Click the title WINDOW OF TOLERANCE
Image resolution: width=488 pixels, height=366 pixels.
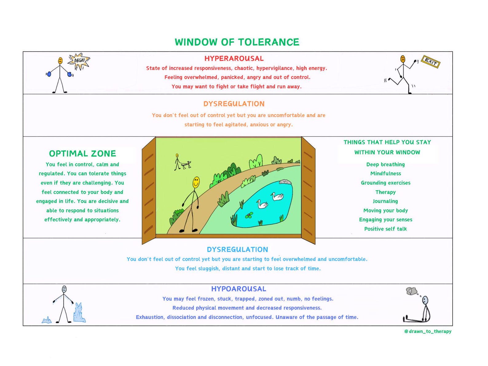(237, 42)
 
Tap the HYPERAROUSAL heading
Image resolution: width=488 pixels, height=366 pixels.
(234, 58)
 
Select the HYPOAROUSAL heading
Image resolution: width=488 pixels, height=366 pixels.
(238, 289)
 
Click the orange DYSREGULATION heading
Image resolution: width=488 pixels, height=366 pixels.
(234, 104)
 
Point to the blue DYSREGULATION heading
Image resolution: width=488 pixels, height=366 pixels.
(237, 250)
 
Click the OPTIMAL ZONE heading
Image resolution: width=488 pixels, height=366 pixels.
(82, 154)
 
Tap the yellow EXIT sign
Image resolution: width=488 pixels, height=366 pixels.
(431, 62)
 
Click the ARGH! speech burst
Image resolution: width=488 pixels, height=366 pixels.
(79, 61)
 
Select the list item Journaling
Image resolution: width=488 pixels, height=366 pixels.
(385, 201)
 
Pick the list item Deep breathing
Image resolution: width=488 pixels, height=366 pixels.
(385, 164)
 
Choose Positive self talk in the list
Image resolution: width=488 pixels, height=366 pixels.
(385, 229)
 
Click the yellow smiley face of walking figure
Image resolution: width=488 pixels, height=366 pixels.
(196, 182)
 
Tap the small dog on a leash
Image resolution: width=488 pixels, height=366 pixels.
(186, 164)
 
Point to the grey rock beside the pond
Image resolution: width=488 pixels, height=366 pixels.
(285, 182)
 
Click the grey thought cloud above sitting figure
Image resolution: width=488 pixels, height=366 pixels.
(411, 291)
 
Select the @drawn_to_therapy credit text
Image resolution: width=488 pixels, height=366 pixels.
(428, 331)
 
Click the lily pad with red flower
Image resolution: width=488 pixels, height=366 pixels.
(249, 215)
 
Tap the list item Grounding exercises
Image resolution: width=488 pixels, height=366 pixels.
(385, 183)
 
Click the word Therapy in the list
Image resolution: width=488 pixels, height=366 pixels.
(385, 192)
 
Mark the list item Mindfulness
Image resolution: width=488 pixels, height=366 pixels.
(385, 174)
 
